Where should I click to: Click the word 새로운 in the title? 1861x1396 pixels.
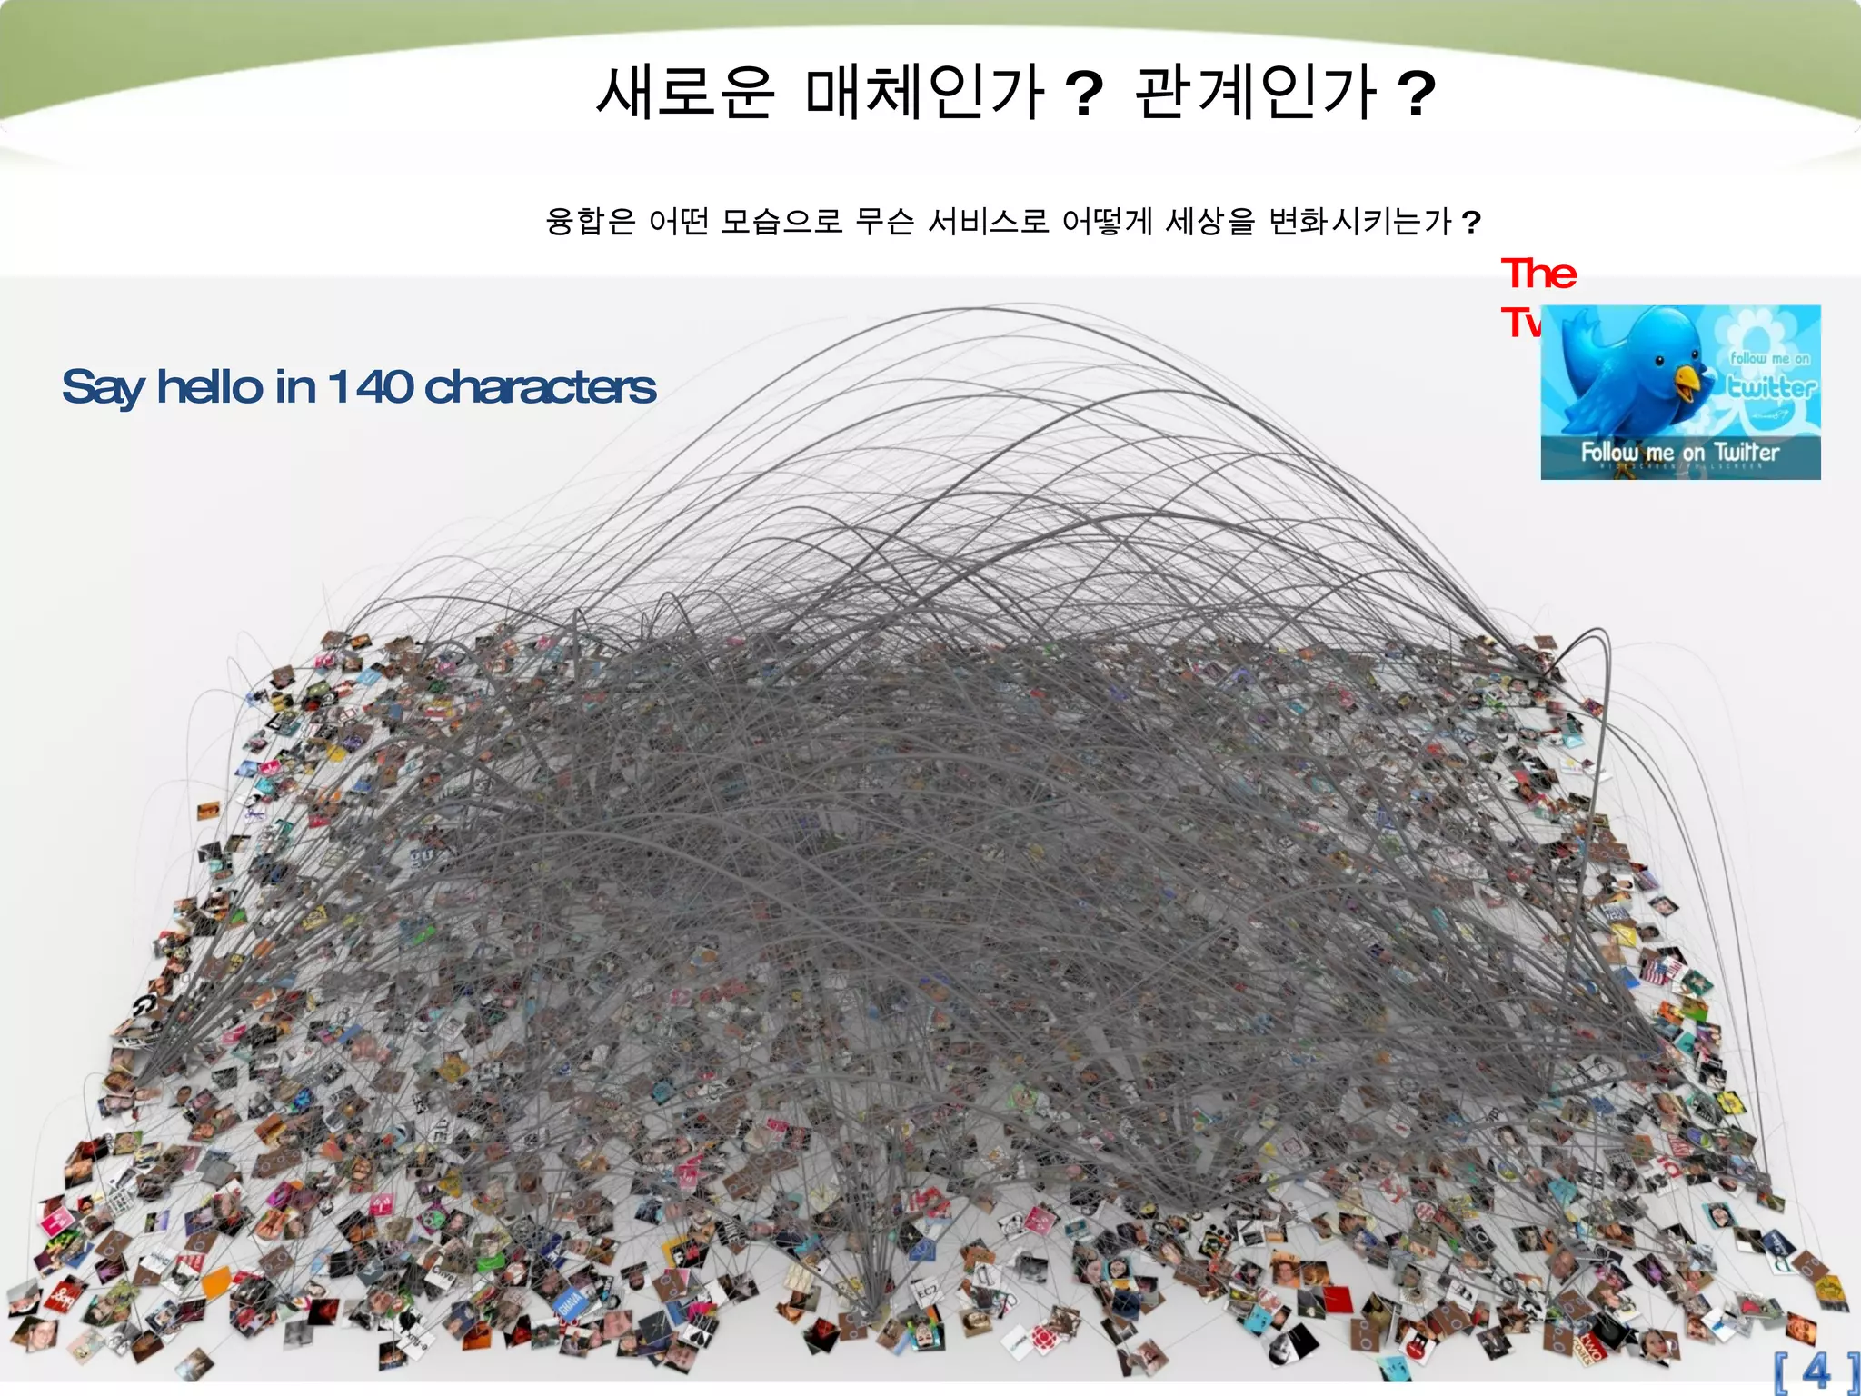pos(685,93)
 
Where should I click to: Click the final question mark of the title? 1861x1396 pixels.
pos(1416,95)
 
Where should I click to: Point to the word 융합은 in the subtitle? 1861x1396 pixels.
pos(590,221)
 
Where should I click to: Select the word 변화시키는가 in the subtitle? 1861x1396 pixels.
pos(1359,221)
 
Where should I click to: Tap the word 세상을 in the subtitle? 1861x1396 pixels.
pos(1209,221)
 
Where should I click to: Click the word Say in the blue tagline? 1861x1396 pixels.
pos(102,388)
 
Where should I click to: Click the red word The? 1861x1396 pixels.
pos(1538,274)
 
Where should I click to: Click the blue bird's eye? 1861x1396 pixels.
pos(1659,361)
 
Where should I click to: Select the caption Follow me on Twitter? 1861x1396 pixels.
pos(1679,452)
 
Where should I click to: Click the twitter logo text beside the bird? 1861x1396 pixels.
pos(1771,388)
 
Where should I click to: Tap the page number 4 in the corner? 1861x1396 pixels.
pos(1816,1370)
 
